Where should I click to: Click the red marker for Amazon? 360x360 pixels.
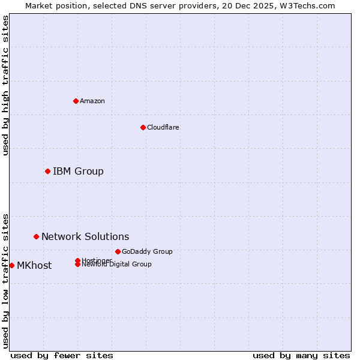(x=76, y=101)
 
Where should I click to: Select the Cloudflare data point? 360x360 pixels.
(x=143, y=127)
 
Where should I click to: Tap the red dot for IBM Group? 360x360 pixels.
(x=47, y=172)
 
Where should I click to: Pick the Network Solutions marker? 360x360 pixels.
(x=36, y=237)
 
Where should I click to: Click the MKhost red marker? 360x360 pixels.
(x=11, y=265)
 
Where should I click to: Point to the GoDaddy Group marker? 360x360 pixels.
(x=118, y=251)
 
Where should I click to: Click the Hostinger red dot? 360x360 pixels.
(x=77, y=260)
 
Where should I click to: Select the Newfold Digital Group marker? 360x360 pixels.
(x=77, y=265)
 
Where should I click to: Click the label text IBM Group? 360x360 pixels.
(x=78, y=172)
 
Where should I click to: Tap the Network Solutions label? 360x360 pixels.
(x=85, y=237)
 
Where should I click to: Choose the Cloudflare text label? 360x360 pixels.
(x=163, y=127)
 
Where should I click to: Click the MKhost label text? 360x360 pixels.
(x=34, y=266)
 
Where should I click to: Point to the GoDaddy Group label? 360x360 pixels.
(x=147, y=251)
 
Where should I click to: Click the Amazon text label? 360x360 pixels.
(x=92, y=101)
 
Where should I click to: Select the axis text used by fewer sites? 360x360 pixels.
(x=62, y=355)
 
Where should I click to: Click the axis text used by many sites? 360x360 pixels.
(x=301, y=355)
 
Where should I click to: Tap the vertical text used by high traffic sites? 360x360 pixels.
(x=5, y=85)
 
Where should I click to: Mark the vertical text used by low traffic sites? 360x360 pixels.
(x=5, y=280)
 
